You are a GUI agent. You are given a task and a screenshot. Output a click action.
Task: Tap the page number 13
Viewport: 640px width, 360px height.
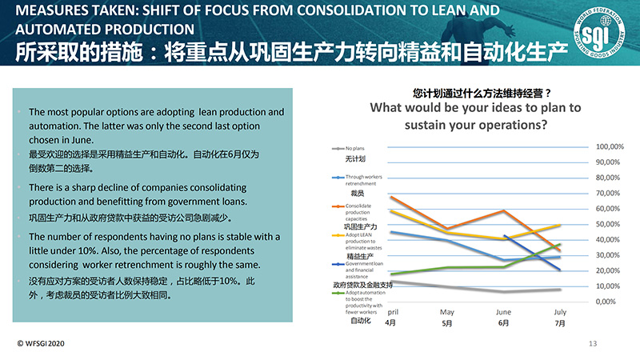point(593,344)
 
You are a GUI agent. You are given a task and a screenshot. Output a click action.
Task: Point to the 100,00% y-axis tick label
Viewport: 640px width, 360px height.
point(610,147)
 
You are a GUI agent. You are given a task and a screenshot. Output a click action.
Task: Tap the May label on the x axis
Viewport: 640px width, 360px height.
point(447,312)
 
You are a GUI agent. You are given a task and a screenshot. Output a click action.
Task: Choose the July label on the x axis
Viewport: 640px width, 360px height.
point(560,312)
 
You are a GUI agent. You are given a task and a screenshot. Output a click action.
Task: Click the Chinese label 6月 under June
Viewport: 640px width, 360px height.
point(503,323)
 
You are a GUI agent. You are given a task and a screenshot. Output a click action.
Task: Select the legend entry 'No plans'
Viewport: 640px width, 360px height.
point(354,148)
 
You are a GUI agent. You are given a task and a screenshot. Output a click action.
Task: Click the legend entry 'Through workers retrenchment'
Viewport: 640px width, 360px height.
point(365,180)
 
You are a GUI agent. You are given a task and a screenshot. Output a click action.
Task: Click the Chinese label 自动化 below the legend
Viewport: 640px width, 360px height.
point(361,321)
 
